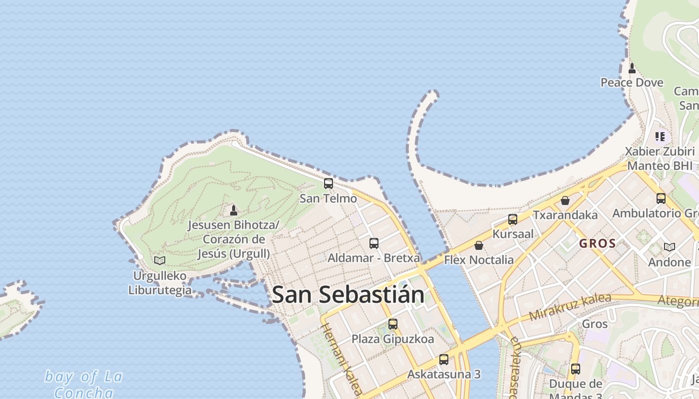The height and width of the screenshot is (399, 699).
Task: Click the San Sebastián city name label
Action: coord(348,294)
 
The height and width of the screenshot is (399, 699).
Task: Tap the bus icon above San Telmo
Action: coord(328,184)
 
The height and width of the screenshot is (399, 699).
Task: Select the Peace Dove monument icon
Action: coord(632,68)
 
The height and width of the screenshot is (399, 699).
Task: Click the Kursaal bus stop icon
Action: coord(512,219)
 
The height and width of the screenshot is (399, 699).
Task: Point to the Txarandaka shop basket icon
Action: coord(565,200)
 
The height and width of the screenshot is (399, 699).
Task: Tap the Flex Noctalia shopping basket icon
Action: coord(478,245)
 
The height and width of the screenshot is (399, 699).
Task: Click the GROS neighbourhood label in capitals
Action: coord(597,244)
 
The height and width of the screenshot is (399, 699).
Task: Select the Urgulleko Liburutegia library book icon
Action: coord(160,260)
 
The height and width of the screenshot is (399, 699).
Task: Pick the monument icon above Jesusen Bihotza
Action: coord(233,210)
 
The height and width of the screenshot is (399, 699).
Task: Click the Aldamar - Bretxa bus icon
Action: coord(373,243)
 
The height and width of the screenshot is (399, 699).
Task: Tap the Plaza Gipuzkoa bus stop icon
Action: coord(393,324)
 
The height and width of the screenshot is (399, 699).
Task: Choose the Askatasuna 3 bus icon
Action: coord(443,359)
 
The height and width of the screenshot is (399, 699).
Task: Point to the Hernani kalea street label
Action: coord(341,359)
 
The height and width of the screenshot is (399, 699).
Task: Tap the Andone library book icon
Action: coord(669,247)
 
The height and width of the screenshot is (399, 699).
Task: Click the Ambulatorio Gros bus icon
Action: coord(661,199)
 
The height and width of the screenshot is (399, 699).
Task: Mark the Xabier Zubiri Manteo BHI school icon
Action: coord(660,136)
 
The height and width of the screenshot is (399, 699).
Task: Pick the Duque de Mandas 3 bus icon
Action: coord(576,369)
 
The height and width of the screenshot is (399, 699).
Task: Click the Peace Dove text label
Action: coord(632,83)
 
